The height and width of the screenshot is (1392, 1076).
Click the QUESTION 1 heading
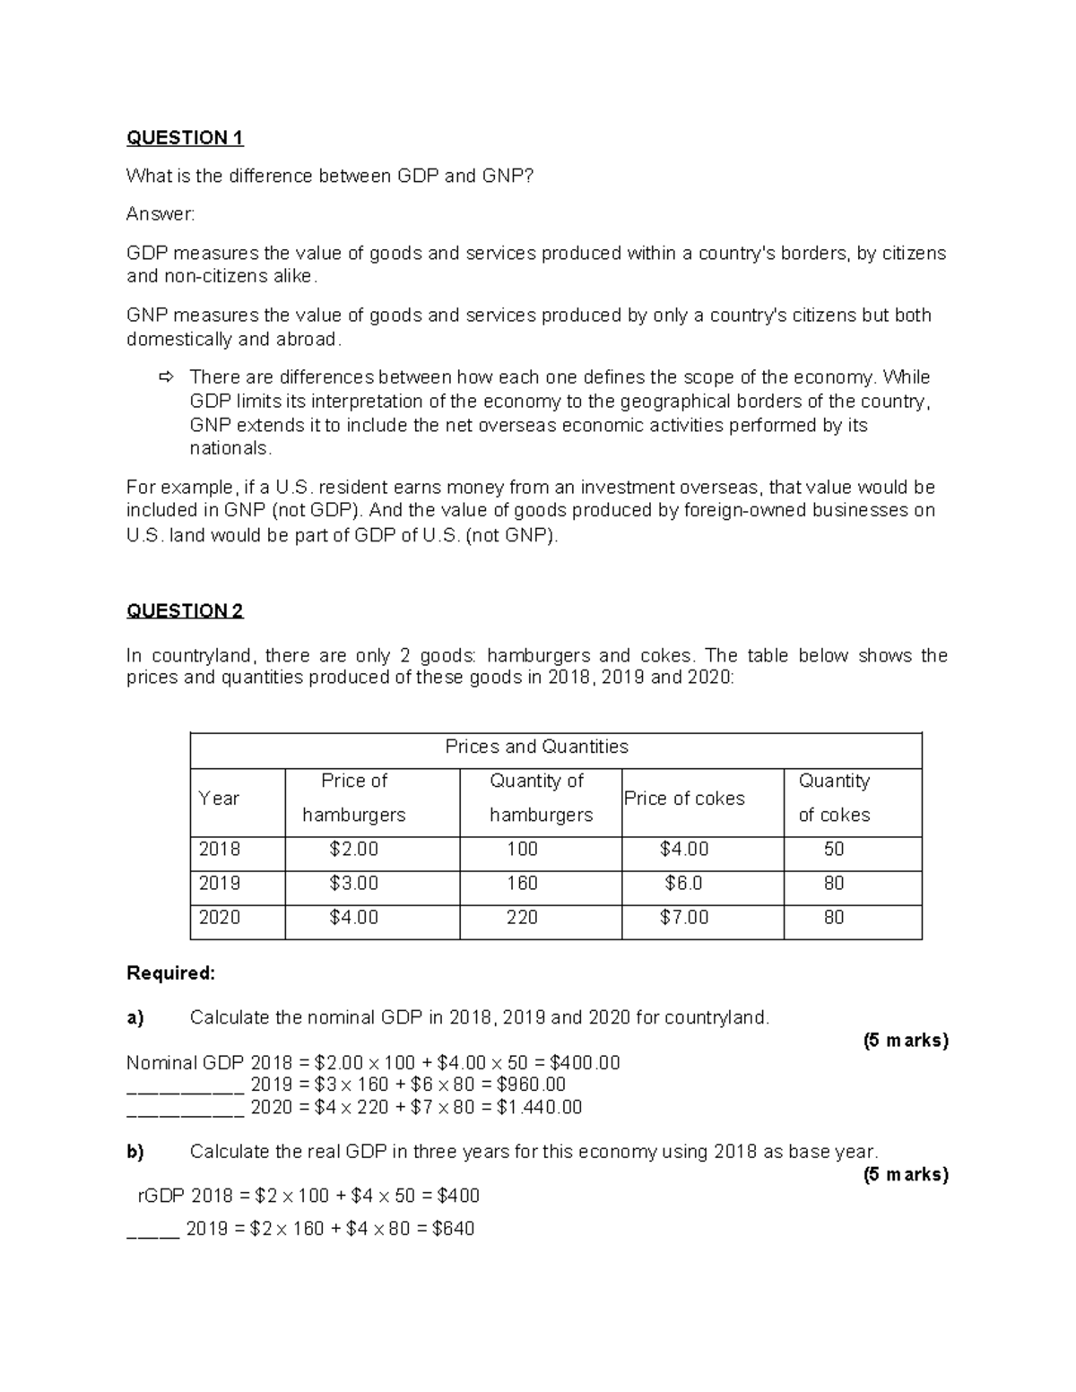185,137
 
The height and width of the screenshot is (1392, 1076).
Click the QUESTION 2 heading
185,611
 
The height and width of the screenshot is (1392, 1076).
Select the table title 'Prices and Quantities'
536,747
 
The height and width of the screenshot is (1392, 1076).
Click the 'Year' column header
219,799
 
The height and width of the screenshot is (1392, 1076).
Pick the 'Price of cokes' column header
684,799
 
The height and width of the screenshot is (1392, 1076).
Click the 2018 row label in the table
220,849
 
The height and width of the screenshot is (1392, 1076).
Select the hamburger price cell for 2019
353,883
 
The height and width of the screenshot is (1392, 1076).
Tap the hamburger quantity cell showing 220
522,917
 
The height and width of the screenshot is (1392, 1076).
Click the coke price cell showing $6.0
684,883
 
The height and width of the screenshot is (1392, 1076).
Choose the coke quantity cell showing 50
834,849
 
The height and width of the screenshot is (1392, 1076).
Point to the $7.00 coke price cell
684,917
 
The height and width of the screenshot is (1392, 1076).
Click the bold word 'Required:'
171,973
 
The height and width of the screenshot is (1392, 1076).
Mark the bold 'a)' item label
135,1017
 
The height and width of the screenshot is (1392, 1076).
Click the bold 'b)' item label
135,1152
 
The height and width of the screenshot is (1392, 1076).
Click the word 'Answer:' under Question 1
161,214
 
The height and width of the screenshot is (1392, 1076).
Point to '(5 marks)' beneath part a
906,1041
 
